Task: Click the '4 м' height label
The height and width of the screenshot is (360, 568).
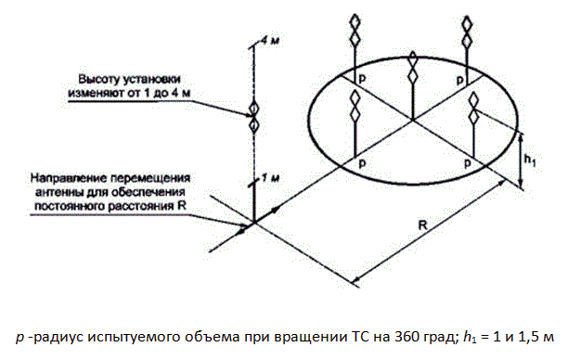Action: [x=270, y=40]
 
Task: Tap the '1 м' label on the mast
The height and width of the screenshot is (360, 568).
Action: [x=270, y=178]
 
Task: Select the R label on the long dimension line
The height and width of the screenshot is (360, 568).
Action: [x=422, y=225]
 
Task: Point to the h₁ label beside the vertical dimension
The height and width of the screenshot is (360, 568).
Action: [x=530, y=160]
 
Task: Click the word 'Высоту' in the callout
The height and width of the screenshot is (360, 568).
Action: [x=98, y=79]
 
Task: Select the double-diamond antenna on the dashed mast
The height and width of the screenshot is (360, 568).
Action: [x=254, y=117]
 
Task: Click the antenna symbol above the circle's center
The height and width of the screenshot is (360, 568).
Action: [x=412, y=68]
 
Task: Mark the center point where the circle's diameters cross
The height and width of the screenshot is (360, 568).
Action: [x=412, y=119]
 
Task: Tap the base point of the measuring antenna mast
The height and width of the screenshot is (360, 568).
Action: [x=254, y=222]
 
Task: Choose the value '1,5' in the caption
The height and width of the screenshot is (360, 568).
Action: [x=525, y=337]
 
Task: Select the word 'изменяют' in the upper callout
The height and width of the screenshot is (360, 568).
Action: [x=95, y=93]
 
